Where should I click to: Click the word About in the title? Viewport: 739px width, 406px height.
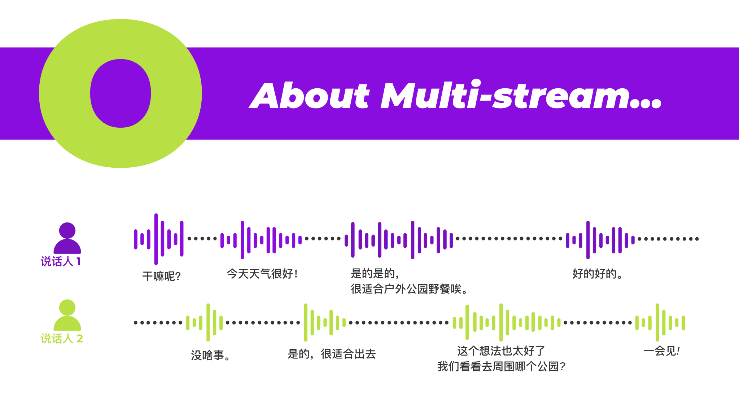pyautogui.click(x=310, y=95)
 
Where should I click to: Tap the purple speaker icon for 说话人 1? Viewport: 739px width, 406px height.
pyautogui.click(x=67, y=238)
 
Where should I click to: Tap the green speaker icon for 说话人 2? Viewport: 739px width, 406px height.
pyautogui.click(x=67, y=315)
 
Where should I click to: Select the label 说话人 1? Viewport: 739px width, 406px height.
pyautogui.click(x=61, y=261)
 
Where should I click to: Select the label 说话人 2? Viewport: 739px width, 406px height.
pyautogui.click(x=62, y=339)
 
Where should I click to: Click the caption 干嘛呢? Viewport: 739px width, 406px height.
pyautogui.click(x=161, y=277)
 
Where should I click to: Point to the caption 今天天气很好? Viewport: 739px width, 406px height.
pyautogui.click(x=262, y=274)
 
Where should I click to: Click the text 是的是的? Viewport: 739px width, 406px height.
pyautogui.click(x=375, y=274)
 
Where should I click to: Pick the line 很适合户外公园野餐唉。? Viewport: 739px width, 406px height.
pyautogui.click(x=409, y=289)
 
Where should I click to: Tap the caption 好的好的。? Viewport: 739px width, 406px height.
pyautogui.click(x=598, y=274)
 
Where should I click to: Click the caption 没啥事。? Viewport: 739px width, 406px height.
pyautogui.click(x=211, y=356)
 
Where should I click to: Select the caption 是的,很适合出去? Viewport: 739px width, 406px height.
pyautogui.click(x=332, y=354)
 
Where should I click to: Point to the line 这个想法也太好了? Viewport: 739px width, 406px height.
pyautogui.click(x=501, y=351)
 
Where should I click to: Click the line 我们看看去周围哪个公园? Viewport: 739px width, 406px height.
pyautogui.click(x=501, y=366)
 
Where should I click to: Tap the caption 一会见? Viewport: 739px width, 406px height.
pyautogui.click(x=661, y=351)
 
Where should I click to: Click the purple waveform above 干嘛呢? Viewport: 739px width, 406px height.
pyautogui.click(x=159, y=239)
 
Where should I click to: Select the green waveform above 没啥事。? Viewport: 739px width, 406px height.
pyautogui.click(x=205, y=322)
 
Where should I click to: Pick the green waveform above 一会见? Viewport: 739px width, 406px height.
pyautogui.click(x=660, y=322)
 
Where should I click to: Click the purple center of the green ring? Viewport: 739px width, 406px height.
pyautogui.click(x=121, y=93)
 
